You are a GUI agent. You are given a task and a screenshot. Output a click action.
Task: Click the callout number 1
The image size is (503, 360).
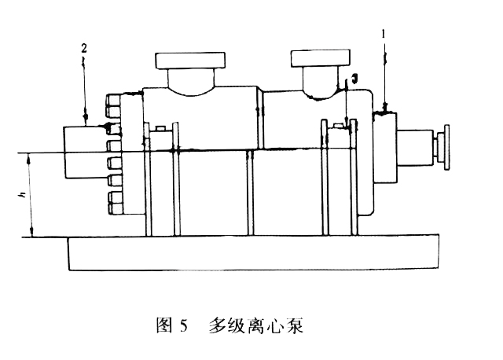pos(383,33)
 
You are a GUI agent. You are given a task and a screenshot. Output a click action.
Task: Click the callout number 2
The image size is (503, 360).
pos(84,49)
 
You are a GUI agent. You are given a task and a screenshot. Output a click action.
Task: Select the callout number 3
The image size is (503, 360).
pos(354,78)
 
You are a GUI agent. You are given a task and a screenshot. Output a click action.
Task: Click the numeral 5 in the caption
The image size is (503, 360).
pos(183,326)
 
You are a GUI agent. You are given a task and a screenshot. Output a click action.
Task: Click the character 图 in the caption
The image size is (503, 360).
pos(164,325)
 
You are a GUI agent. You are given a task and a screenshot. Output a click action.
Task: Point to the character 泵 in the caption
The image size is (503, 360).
pos(295,325)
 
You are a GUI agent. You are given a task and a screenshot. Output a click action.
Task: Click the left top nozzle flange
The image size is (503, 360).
pos(190,61)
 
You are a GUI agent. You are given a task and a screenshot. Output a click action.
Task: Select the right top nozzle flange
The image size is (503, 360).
pos(320,58)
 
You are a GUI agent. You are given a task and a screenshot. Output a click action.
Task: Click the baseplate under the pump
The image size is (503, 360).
pos(254,253)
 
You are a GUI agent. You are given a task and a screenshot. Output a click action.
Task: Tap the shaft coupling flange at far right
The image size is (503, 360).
pos(446,147)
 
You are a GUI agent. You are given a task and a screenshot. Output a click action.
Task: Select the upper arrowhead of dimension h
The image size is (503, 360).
pos(31,158)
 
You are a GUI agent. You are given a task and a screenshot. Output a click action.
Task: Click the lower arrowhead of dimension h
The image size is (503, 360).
pos(31,233)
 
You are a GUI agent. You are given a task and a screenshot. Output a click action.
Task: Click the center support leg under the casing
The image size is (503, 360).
pos(250,193)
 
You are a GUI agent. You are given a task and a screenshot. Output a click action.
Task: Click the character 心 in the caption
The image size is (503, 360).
pos(275,325)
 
